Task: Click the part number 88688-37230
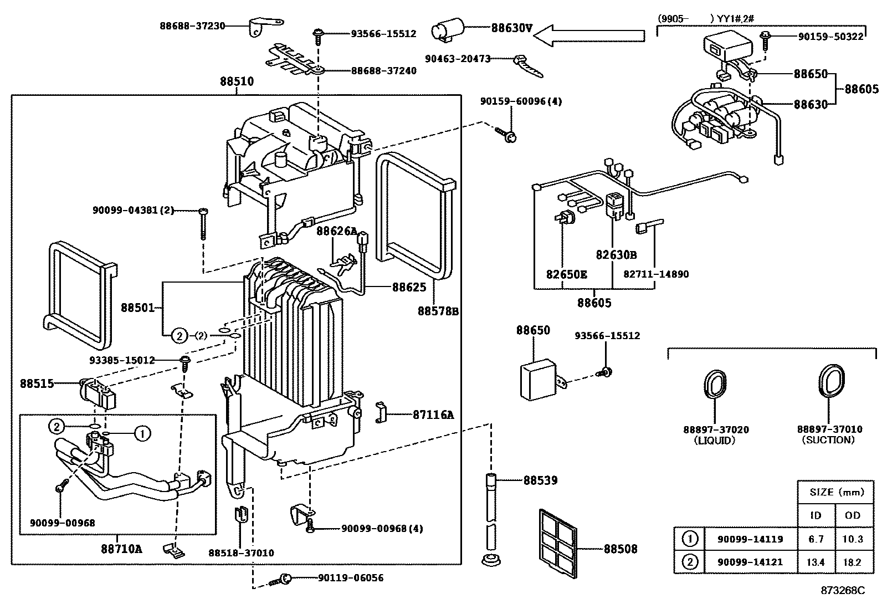[192, 25]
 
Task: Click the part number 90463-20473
[458, 58]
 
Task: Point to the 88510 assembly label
[237, 81]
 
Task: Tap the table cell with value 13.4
[816, 562]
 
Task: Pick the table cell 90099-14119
[750, 539]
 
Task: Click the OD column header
[853, 515]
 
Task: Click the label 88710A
[121, 549]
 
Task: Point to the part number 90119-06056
[350, 578]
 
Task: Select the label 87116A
[433, 414]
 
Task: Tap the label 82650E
[567, 274]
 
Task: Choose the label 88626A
[336, 231]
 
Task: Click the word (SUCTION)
[828, 440]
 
